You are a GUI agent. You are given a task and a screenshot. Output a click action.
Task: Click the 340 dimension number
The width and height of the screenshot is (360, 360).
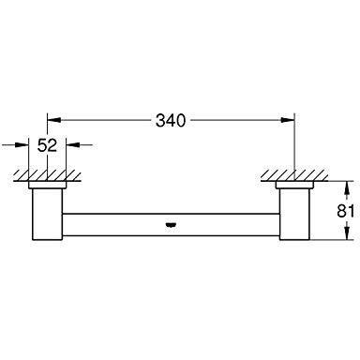(172, 121)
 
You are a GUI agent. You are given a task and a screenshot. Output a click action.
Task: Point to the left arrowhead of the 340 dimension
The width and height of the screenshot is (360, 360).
(53, 121)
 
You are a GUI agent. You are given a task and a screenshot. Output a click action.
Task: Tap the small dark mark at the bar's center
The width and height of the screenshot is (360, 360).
(171, 224)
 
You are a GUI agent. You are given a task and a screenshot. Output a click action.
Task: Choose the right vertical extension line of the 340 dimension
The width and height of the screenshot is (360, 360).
(294, 145)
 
